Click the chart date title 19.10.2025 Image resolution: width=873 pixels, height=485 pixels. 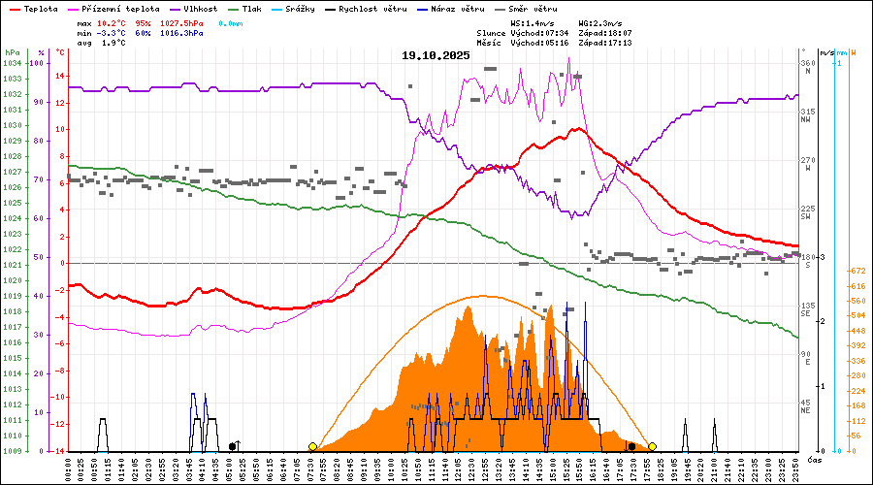click(436, 55)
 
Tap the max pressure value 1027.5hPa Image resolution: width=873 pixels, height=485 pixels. click(182, 22)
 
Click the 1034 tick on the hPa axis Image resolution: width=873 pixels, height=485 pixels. click(12, 63)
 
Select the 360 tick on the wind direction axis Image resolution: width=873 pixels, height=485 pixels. click(806, 63)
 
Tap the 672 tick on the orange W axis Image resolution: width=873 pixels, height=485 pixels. click(857, 272)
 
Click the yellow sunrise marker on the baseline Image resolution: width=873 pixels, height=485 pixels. click(312, 446)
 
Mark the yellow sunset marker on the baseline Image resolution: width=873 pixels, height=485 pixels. click(652, 446)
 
